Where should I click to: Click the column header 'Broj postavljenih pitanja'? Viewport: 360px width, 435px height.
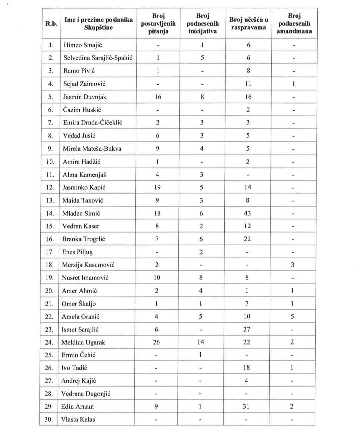(x=158, y=23)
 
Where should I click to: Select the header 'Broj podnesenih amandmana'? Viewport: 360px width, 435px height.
(x=294, y=23)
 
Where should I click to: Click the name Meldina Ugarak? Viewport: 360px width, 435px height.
(x=79, y=342)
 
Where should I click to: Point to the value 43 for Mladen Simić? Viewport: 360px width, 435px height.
(x=247, y=213)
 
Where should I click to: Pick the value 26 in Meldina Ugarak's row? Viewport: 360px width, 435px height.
(x=156, y=342)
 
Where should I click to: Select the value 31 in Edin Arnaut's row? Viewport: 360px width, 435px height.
(x=246, y=406)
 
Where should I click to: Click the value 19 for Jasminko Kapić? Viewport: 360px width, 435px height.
(x=157, y=187)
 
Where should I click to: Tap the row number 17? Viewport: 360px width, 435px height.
(x=49, y=252)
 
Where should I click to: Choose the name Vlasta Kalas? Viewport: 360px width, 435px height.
(x=78, y=419)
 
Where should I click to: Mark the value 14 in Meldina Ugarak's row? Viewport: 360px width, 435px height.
(x=201, y=342)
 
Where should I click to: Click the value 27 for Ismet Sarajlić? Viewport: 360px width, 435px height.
(x=247, y=329)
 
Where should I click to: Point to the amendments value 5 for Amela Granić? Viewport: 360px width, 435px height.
(x=292, y=316)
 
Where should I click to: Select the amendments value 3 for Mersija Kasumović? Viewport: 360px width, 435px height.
(x=293, y=265)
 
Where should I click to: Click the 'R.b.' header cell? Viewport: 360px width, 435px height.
(x=51, y=23)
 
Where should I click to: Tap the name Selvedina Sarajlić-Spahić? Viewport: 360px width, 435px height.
(x=98, y=58)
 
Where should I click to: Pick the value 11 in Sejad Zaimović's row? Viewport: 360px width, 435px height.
(x=248, y=84)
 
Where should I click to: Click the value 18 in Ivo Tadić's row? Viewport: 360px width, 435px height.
(x=247, y=368)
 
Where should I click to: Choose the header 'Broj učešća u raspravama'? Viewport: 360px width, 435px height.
(x=249, y=23)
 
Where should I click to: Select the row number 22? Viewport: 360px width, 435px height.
(x=49, y=317)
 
